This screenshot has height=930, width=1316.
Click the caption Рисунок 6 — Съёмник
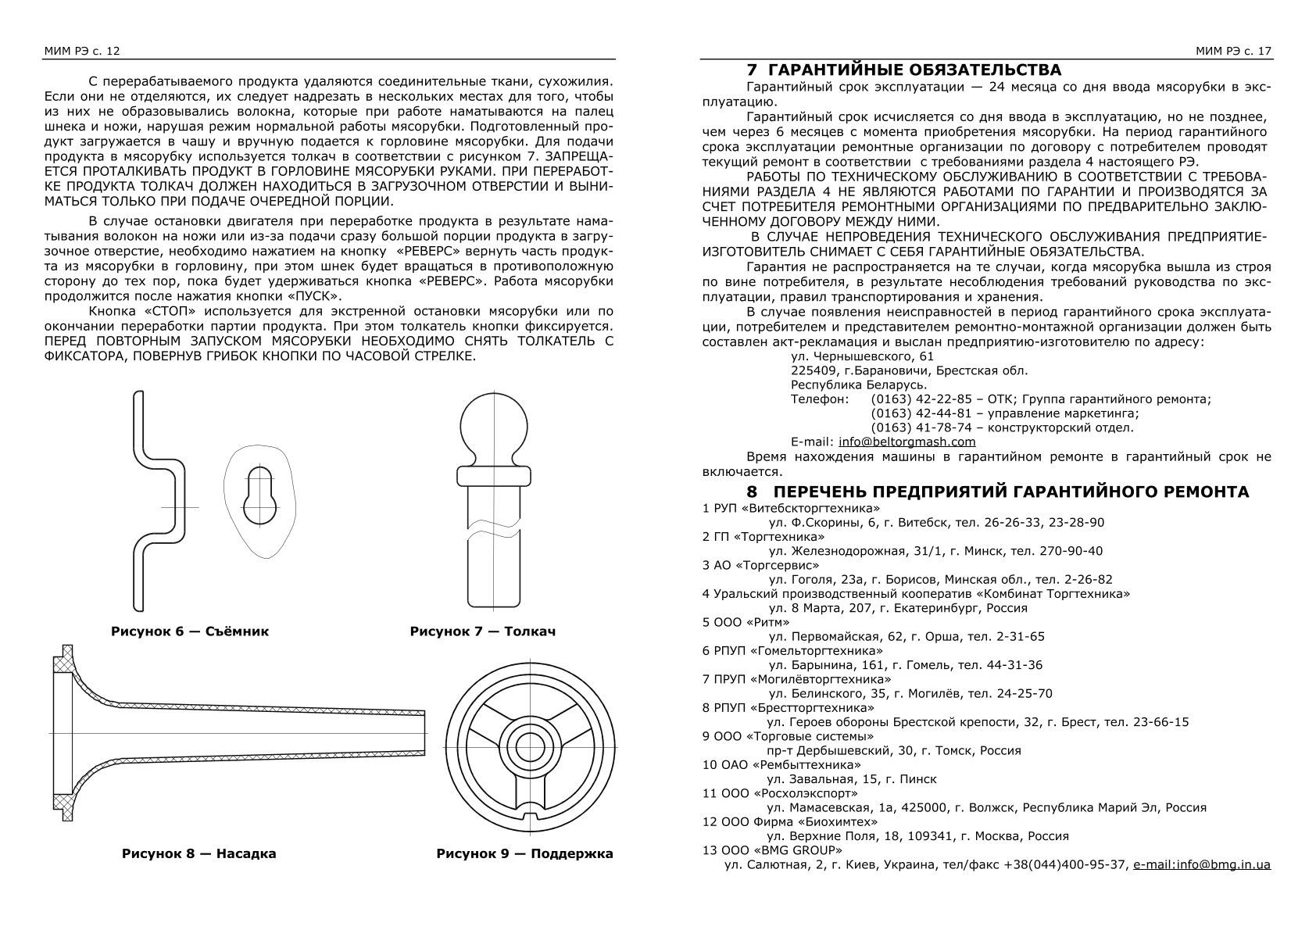[x=189, y=631]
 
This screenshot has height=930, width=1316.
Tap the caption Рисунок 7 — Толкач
[x=482, y=631]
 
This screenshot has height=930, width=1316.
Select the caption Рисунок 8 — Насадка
[x=198, y=853]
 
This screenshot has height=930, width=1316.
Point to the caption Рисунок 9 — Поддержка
[x=524, y=853]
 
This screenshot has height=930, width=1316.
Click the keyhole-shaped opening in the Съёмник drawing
[x=259, y=497]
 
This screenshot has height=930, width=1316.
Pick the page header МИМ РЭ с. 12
[x=81, y=51]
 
